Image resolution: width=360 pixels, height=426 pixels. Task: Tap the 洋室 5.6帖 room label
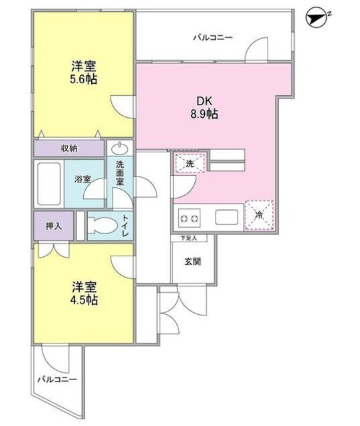[84, 73]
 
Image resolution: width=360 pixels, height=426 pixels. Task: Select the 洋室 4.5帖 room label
[85, 294]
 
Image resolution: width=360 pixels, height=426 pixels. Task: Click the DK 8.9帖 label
[204, 107]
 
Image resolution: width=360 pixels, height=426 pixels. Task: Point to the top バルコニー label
[213, 37]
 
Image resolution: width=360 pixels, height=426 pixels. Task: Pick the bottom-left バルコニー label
[56, 380]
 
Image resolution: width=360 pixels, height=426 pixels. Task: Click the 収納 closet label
[70, 148]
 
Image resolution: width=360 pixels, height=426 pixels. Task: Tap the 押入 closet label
[54, 226]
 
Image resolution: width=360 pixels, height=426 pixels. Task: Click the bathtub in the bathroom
[51, 184]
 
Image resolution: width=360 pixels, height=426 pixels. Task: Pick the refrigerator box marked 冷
[258, 216]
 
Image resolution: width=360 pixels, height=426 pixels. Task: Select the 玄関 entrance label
[193, 261]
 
